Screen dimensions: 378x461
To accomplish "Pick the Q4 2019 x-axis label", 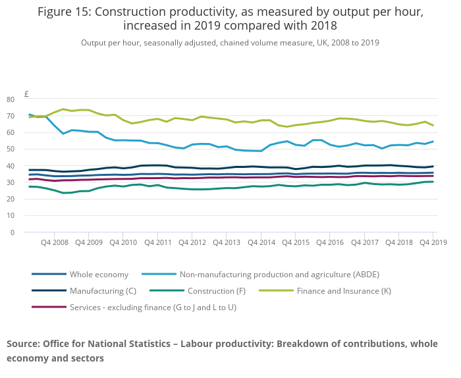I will coord(432,242).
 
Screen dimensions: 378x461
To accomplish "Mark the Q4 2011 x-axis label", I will coord(157,242).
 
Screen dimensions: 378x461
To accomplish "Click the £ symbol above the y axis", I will coord(27,94).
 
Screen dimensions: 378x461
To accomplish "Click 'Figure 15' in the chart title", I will coord(66,12).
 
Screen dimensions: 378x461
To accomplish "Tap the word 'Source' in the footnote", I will coord(22,344).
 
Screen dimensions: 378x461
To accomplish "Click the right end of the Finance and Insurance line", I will coord(433,125).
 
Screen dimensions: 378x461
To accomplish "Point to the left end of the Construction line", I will coord(29,186).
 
